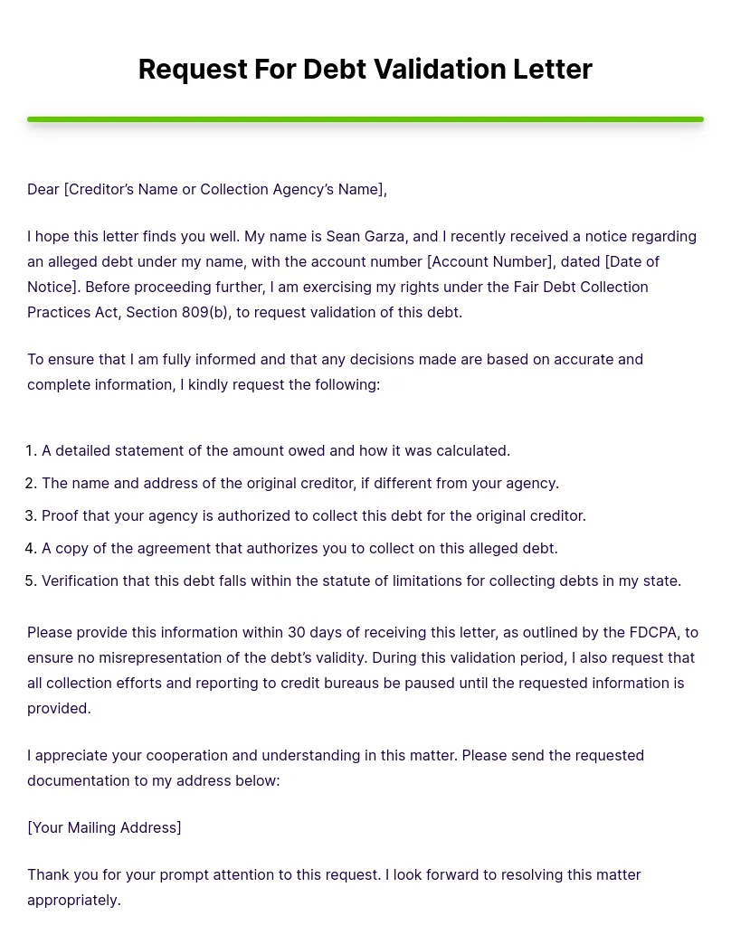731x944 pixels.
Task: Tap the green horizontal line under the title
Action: tap(365, 119)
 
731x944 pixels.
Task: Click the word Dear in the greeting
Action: tap(43, 189)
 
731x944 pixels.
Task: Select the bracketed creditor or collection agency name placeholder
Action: tap(224, 189)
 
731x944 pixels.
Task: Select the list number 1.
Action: tap(31, 450)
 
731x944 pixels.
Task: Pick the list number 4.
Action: tap(31, 548)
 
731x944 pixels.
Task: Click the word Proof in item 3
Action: tap(61, 515)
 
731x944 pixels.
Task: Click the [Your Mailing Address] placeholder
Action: tap(104, 827)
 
